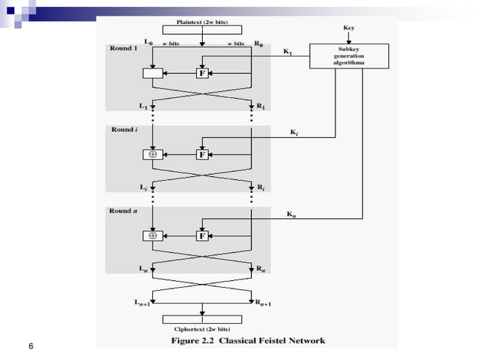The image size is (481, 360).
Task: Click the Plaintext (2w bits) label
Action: [201, 23]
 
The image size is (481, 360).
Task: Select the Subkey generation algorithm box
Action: [349, 56]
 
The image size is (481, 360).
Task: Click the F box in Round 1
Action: [201, 73]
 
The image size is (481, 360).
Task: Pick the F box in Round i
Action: [201, 154]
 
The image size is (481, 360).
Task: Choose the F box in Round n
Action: [201, 236]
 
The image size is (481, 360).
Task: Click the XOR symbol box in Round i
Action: [152, 154]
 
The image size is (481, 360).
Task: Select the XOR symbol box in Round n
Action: [152, 236]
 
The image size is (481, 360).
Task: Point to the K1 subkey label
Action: [288, 52]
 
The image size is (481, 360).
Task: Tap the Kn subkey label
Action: [291, 215]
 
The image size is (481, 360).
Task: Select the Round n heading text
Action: [124, 211]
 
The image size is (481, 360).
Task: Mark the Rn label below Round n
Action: [261, 269]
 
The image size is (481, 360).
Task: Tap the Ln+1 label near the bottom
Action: [137, 303]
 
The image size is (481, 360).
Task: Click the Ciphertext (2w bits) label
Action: [201, 329]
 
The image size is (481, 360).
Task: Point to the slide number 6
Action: [30, 346]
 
